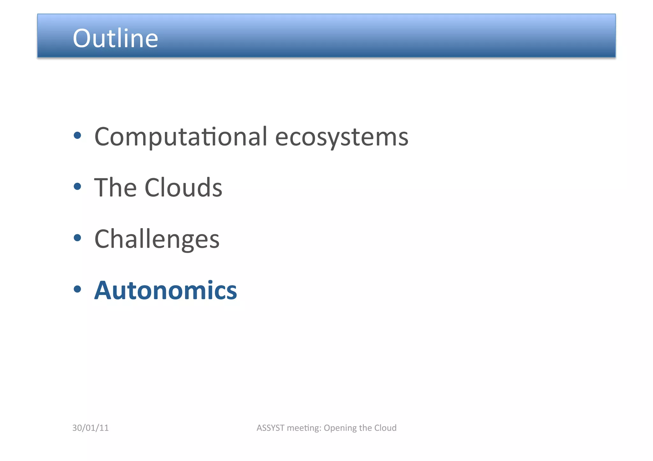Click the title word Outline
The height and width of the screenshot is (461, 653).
tap(115, 38)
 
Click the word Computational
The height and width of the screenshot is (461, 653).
tap(180, 137)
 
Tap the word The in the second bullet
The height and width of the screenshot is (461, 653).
tap(115, 188)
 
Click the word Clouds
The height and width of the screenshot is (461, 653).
tap(183, 188)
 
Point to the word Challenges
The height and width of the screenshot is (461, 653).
tap(157, 240)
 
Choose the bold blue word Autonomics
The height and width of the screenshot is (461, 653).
tap(165, 291)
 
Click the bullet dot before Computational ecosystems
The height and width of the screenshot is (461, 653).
tap(77, 136)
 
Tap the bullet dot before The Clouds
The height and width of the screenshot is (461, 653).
tap(77, 186)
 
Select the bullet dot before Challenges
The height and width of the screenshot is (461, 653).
tap(77, 238)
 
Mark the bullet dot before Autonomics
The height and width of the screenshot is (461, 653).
tap(77, 289)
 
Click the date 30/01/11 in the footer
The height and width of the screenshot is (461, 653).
tap(91, 428)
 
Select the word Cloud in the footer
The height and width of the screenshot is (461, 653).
tap(385, 428)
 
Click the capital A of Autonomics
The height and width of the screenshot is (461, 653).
tap(103, 291)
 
